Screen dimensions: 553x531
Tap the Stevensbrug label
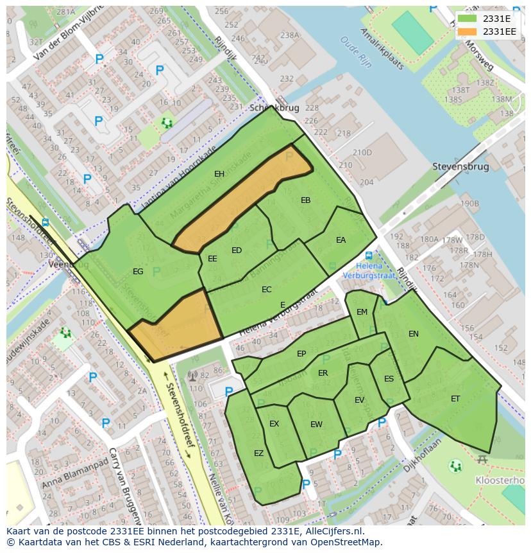pyautogui.click(x=460, y=167)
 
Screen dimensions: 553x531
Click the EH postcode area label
pyautogui.click(x=219, y=174)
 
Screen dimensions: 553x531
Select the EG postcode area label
pyautogui.click(x=138, y=272)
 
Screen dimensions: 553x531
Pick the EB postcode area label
pyautogui.click(x=305, y=200)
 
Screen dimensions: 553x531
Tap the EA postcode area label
pyautogui.click(x=341, y=240)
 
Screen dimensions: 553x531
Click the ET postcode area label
pyautogui.click(x=455, y=399)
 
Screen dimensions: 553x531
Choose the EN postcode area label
pyautogui.click(x=413, y=334)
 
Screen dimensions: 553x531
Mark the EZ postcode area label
pyautogui.click(x=258, y=453)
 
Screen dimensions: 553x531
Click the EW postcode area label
pyautogui.click(x=316, y=425)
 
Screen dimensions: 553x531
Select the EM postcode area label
pyautogui.click(x=362, y=312)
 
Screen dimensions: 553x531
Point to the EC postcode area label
pyautogui.click(x=266, y=290)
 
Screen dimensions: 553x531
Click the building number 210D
pyautogui.click(x=362, y=152)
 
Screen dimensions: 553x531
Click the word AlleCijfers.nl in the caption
pyautogui.click(x=334, y=532)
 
